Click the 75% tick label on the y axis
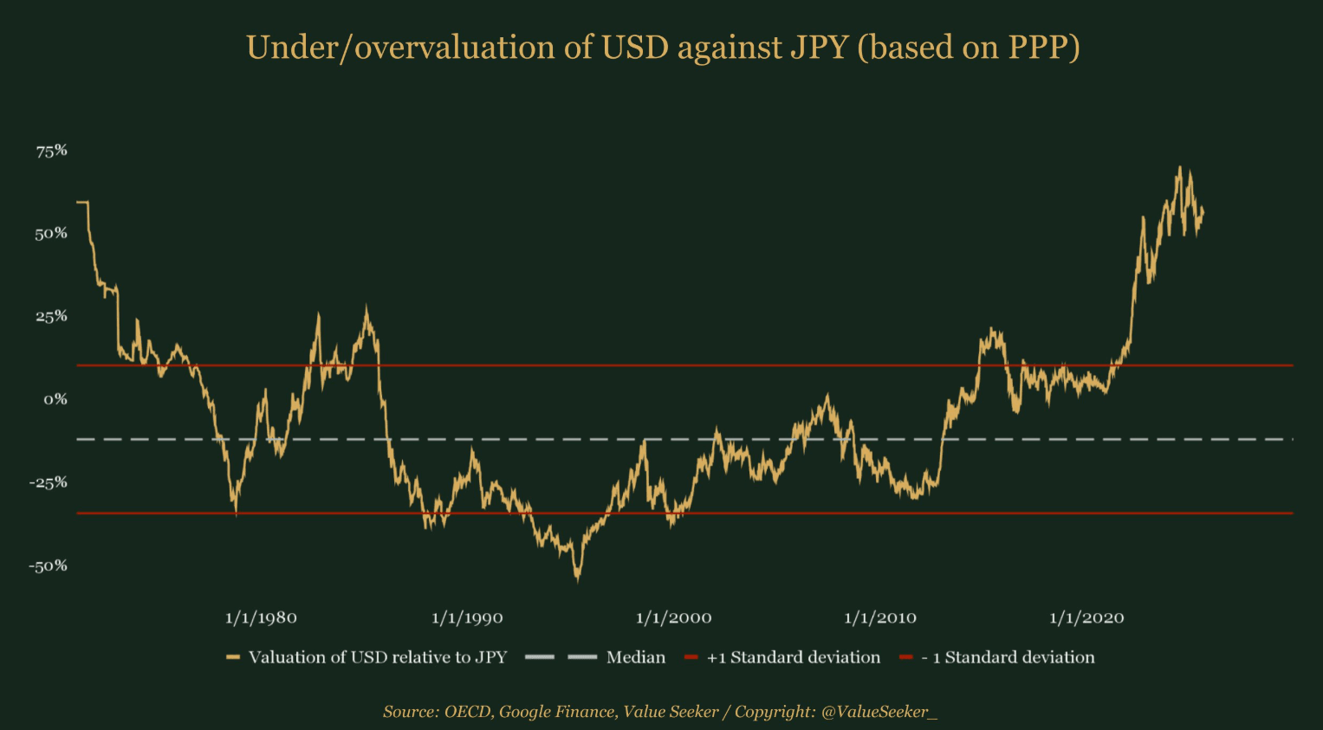51,151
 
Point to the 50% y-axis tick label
51,234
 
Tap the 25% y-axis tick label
51,316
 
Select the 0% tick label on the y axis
55,399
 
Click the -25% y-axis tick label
49,482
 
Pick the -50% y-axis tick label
49,566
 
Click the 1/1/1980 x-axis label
261,618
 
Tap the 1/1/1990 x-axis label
467,618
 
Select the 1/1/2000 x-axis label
674,618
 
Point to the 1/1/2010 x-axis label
880,618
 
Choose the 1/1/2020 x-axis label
1086,618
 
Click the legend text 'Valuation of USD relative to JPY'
378,657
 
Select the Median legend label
636,657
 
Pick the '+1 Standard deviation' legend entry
794,657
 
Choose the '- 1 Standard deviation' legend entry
1008,657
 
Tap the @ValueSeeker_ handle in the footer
879,712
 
